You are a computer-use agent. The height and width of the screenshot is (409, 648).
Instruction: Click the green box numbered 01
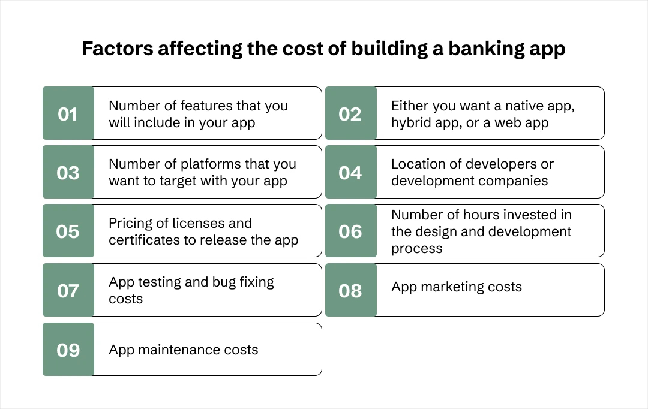(68, 113)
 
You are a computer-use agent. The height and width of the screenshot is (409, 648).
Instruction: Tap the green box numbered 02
(350, 113)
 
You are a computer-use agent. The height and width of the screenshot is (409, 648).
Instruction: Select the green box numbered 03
(68, 172)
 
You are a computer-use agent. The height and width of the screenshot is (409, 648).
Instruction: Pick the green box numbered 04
(350, 172)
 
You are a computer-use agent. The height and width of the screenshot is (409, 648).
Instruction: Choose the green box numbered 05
(68, 231)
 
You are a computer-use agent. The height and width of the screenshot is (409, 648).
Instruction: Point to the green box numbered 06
(350, 231)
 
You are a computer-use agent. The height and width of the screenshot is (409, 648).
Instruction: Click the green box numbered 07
(68, 290)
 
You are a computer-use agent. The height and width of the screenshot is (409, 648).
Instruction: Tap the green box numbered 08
(350, 290)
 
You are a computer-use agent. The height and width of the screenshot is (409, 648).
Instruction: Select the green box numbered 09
(68, 350)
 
